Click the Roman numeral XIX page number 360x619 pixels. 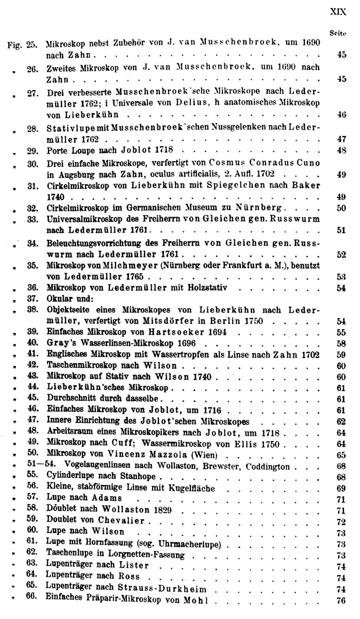point(337,10)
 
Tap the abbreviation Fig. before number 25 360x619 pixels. point(14,44)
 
